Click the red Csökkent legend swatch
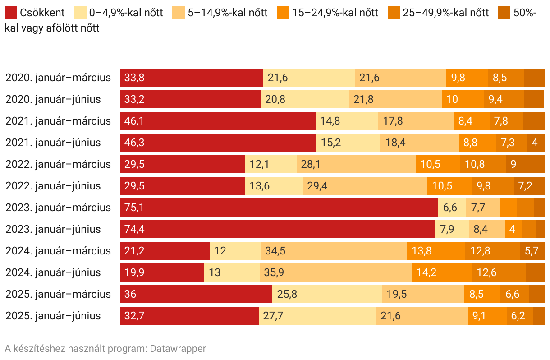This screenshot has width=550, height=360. click(x=11, y=13)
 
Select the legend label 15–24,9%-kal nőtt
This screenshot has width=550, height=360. click(x=335, y=13)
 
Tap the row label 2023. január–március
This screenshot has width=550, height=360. click(x=58, y=208)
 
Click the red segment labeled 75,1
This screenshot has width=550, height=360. click(x=279, y=208)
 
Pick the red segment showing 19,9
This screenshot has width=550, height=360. click(x=162, y=272)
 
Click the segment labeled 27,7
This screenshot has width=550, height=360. click(x=317, y=316)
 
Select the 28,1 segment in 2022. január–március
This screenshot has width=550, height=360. click(x=356, y=164)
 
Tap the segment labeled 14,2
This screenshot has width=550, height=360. click(x=441, y=272)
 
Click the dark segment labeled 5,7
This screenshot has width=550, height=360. click(x=532, y=251)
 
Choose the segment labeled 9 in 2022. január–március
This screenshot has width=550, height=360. click(x=525, y=164)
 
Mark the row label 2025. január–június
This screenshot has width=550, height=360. click(x=53, y=316)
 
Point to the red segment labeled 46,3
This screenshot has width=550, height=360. click(x=218, y=143)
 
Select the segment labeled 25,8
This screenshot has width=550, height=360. click(x=327, y=294)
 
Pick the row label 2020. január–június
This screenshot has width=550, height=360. click(x=53, y=99)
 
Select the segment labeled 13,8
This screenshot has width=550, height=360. click(x=435, y=251)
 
